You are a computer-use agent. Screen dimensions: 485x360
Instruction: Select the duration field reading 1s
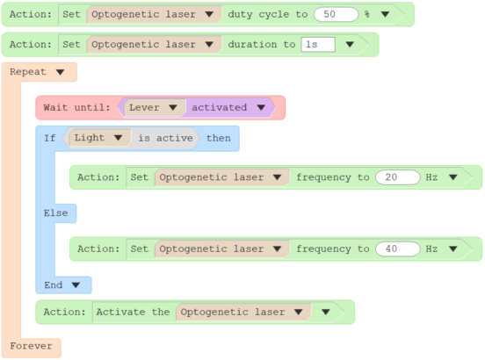click(318, 45)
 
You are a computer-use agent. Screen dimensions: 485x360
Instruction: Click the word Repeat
click(28, 72)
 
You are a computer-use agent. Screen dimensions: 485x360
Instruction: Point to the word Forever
click(31, 346)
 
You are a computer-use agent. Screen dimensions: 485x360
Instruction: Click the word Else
click(55, 212)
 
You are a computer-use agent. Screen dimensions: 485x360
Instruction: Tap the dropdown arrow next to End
click(76, 284)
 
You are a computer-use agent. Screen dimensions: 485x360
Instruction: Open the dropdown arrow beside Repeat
click(60, 72)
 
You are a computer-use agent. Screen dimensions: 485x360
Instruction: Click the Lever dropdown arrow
click(173, 107)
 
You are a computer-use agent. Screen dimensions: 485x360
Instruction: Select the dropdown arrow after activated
click(261, 107)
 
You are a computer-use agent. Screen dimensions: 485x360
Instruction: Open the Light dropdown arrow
click(118, 138)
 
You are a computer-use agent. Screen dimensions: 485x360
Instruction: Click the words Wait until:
click(76, 107)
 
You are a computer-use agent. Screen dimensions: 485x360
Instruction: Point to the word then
click(219, 138)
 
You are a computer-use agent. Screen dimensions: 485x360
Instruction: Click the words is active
click(165, 138)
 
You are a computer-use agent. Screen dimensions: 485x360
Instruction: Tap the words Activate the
click(133, 312)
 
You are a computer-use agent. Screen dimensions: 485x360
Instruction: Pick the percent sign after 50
click(367, 14)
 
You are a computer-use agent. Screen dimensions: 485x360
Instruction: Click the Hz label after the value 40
click(431, 248)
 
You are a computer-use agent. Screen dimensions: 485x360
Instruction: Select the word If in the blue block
click(50, 138)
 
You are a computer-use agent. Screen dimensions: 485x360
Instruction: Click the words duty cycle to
click(268, 14)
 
